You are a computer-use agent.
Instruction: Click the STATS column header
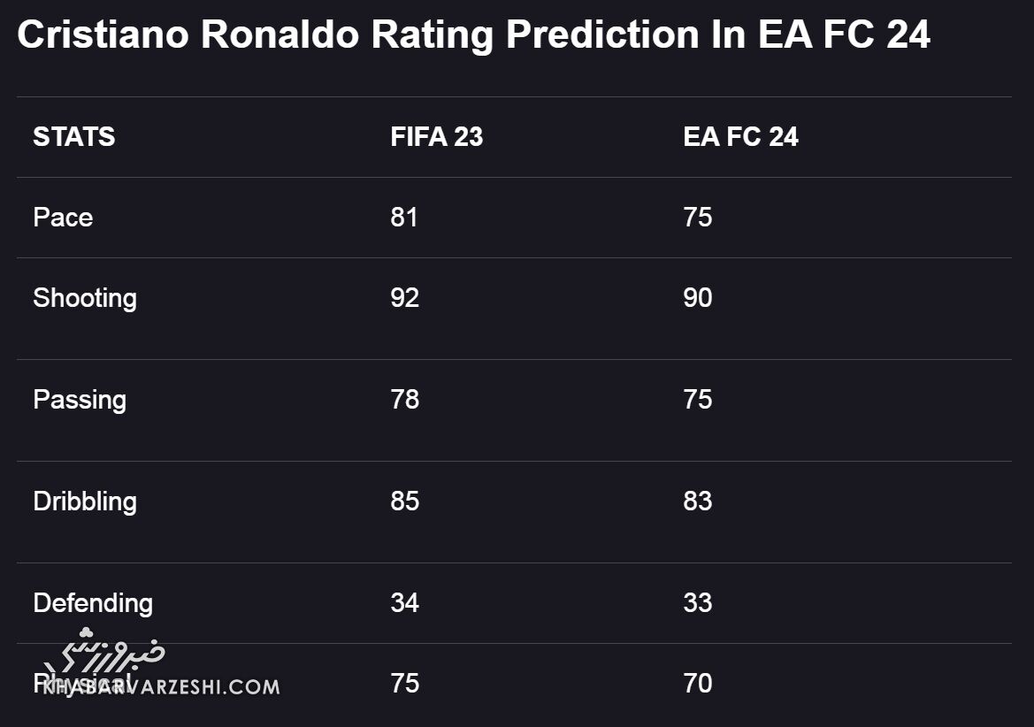(x=73, y=137)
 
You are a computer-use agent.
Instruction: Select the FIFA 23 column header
(x=436, y=137)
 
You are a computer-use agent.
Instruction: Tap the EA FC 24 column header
(x=740, y=137)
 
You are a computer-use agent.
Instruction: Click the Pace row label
(x=63, y=218)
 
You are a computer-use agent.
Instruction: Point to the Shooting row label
(x=85, y=298)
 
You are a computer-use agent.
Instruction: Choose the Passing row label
(x=80, y=400)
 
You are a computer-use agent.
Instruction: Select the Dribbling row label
(x=85, y=501)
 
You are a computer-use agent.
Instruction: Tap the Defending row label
(x=93, y=603)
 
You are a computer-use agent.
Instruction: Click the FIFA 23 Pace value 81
(x=404, y=218)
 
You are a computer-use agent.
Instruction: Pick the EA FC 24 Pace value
(x=697, y=218)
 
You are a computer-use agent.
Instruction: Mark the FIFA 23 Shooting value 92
(x=404, y=298)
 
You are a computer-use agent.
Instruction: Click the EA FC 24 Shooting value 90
(x=697, y=298)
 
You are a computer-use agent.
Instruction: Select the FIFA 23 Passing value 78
(x=404, y=400)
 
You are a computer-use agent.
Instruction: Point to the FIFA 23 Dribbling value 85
(x=404, y=501)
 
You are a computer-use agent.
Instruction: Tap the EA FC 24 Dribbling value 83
(x=697, y=501)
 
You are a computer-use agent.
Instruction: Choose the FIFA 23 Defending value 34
(x=404, y=603)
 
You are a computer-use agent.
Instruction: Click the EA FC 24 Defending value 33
(x=697, y=603)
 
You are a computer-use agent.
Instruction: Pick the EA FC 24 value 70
(x=697, y=684)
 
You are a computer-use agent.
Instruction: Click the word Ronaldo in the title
(x=280, y=35)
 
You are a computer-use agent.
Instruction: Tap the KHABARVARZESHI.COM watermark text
(x=161, y=686)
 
